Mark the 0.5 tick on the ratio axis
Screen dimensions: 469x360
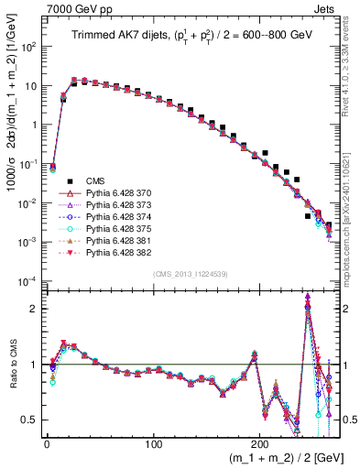click(30, 420)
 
